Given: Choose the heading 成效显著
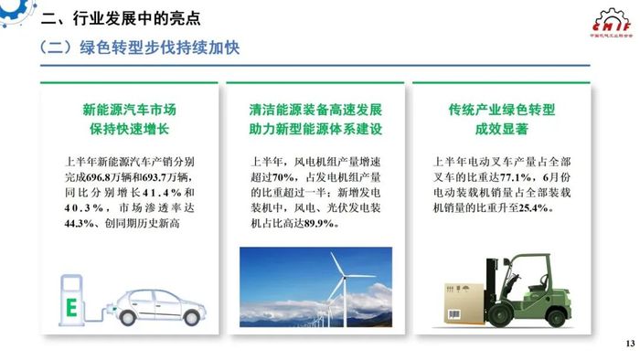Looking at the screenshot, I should pyautogui.click(x=502, y=129).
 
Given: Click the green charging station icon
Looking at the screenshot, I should pyautogui.click(x=71, y=298).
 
